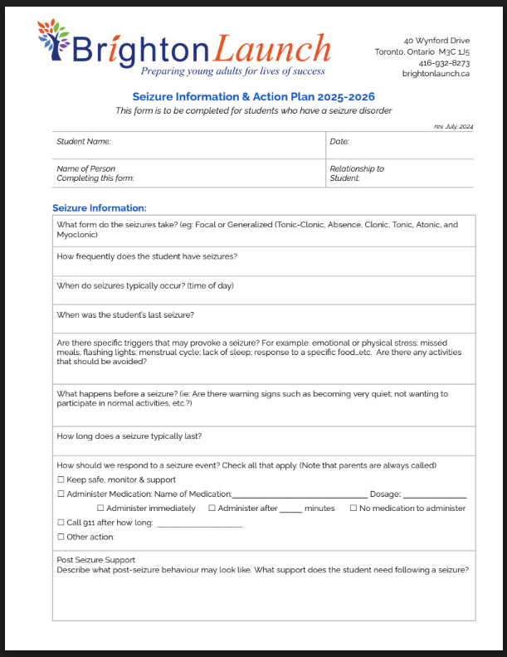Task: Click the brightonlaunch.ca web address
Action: (x=436, y=73)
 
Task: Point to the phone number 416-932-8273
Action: (x=444, y=62)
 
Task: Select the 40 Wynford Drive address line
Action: (x=436, y=40)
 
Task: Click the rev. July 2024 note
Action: (x=453, y=126)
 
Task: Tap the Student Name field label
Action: (x=84, y=142)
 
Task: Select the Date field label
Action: (x=339, y=142)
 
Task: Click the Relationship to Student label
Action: (x=357, y=173)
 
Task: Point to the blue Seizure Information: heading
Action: (x=100, y=208)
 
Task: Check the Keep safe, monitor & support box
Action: (x=61, y=479)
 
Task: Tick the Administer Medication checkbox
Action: (x=61, y=494)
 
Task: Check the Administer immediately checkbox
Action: (x=101, y=509)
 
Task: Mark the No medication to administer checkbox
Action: (x=353, y=509)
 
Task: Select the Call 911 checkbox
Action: (x=61, y=523)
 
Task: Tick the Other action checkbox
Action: (x=61, y=538)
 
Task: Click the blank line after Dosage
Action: (x=434, y=495)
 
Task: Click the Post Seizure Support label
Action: (x=95, y=560)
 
